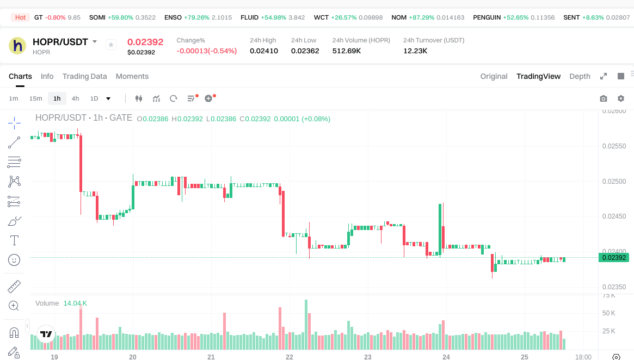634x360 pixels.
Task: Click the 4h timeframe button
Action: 75,98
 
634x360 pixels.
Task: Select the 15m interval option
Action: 35,98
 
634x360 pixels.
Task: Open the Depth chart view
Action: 580,76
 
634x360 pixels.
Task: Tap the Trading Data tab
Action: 84,76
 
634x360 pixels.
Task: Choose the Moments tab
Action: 132,76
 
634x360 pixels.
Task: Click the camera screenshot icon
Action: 603,98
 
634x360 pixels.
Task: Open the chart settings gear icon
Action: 621,98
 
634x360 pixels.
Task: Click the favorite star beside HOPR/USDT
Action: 111,45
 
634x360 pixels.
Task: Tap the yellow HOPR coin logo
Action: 17,45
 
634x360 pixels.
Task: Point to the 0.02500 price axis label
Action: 614,181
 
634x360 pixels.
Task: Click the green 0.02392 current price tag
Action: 613,258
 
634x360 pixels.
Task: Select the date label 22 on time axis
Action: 290,357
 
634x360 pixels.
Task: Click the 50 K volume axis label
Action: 609,313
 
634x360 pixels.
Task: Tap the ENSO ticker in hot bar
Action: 173,17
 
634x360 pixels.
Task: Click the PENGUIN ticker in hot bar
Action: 486,17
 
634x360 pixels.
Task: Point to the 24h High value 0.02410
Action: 264,51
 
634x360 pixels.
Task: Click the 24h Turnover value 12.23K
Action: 415,51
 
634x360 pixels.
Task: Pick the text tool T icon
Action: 14,240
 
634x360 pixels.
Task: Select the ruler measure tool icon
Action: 14,286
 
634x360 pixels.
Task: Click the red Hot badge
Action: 20,17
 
